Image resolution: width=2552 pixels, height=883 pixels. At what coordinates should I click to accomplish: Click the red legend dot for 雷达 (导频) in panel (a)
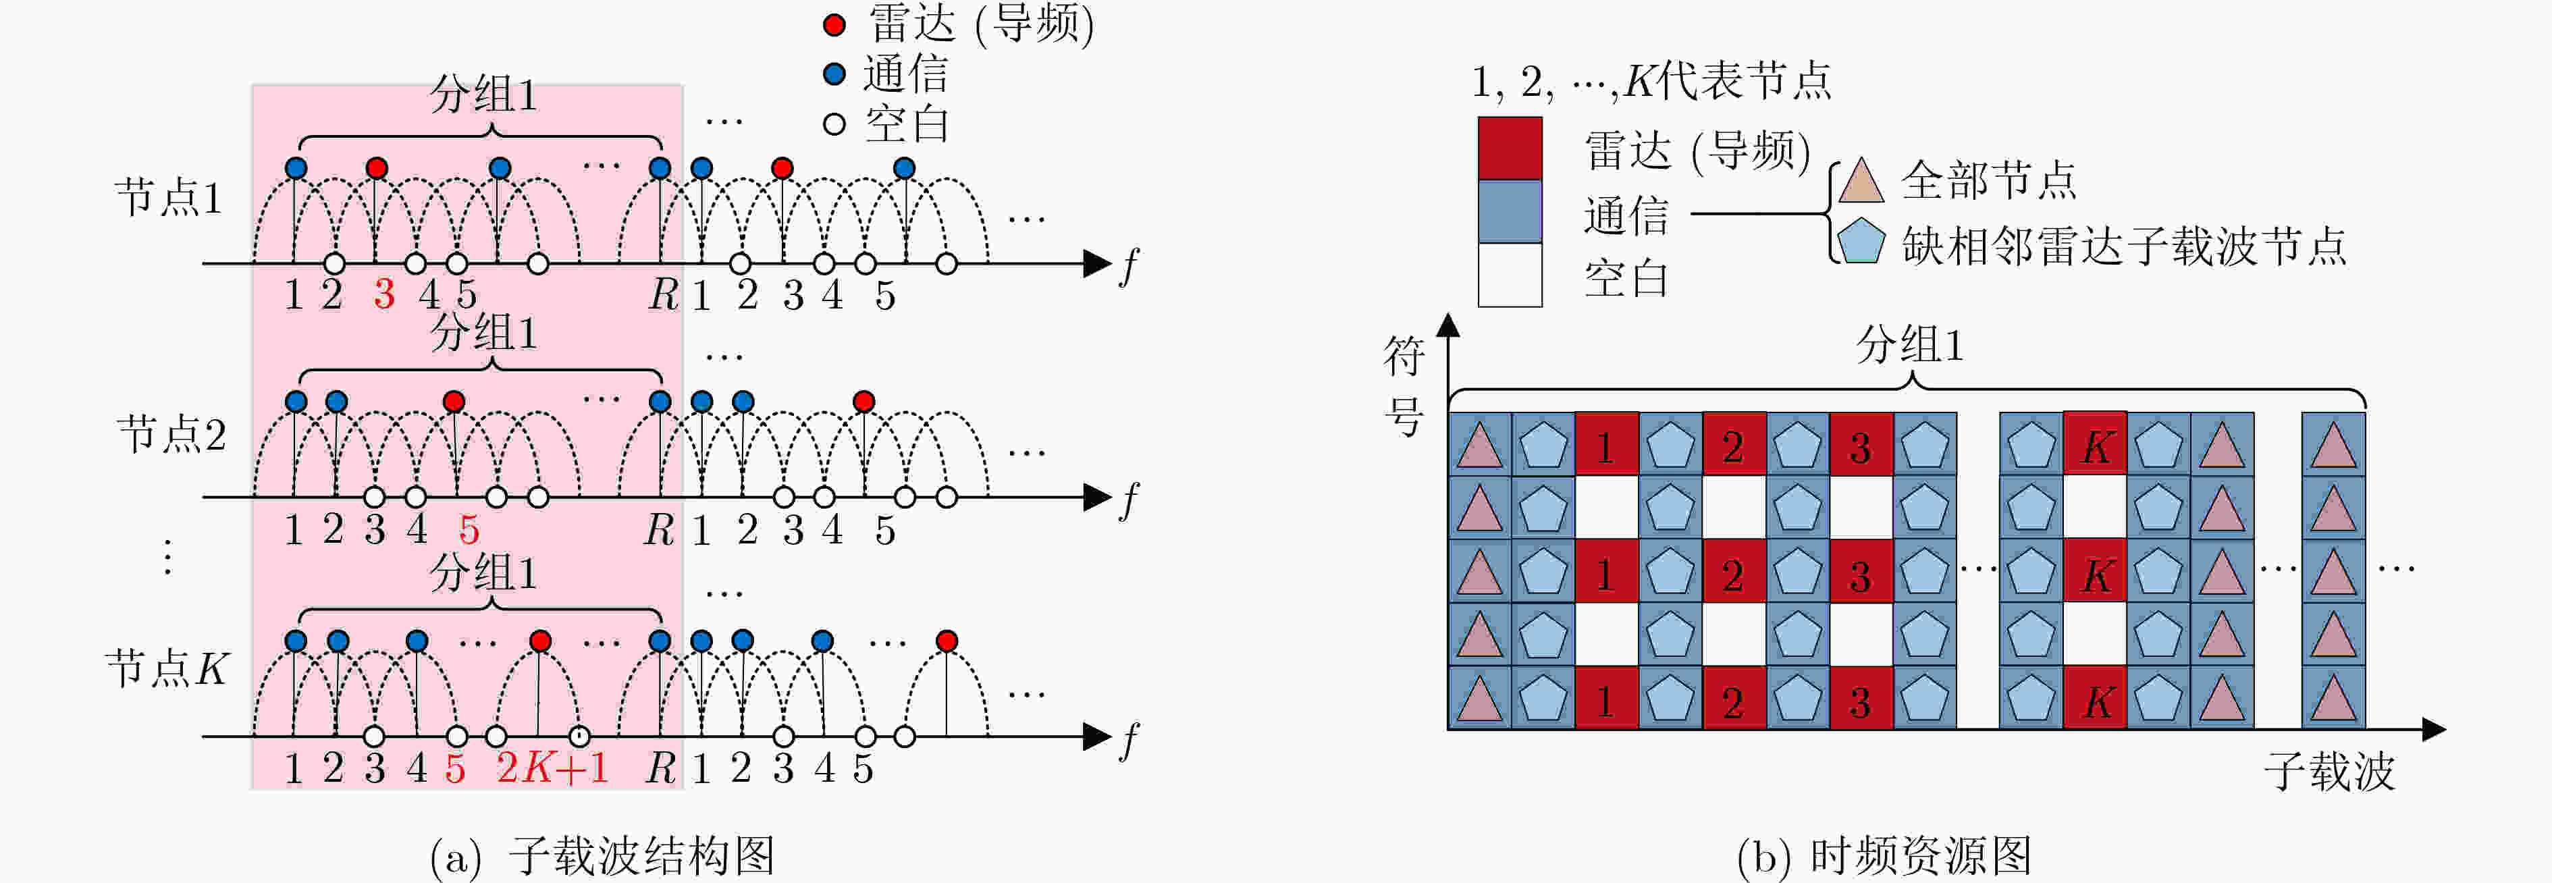pyautogui.click(x=834, y=25)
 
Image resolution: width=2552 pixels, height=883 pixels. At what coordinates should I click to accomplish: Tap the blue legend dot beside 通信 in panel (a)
pyautogui.click(x=834, y=74)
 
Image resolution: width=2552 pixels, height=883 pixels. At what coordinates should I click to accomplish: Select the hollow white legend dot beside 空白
pyautogui.click(x=834, y=124)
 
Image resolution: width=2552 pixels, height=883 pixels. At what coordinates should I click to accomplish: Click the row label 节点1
pyautogui.click(x=168, y=197)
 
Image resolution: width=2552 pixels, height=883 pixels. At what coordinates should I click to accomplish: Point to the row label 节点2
pyautogui.click(x=170, y=434)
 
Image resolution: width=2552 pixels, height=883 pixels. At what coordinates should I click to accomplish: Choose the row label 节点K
pyautogui.click(x=167, y=669)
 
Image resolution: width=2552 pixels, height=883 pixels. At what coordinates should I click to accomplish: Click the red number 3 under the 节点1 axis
pyautogui.click(x=383, y=294)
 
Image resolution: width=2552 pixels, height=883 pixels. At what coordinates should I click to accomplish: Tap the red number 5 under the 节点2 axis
pyautogui.click(x=469, y=530)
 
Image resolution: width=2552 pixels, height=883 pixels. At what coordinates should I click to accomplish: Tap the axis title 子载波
pyautogui.click(x=2329, y=771)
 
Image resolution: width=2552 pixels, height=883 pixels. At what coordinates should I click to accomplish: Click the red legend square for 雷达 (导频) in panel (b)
pyautogui.click(x=1510, y=149)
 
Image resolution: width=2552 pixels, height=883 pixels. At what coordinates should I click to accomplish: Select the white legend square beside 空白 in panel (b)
pyautogui.click(x=1510, y=275)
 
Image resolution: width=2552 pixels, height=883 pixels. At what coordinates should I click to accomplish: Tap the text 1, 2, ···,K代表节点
pyautogui.click(x=1651, y=81)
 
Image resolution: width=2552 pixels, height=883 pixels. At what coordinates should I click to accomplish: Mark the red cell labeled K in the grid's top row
pyautogui.click(x=2096, y=444)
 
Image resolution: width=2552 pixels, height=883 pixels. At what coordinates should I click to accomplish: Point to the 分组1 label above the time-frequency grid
pyautogui.click(x=1909, y=345)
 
